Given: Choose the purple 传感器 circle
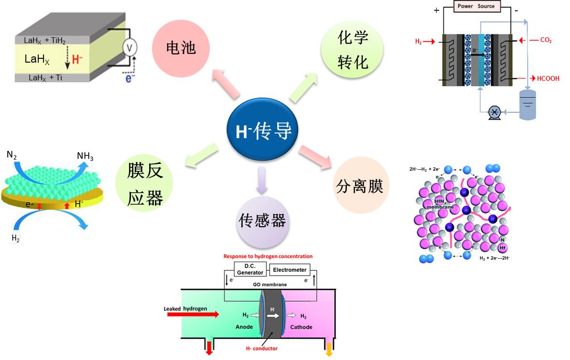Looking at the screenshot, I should click(x=262, y=220).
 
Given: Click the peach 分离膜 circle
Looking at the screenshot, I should click(x=360, y=185).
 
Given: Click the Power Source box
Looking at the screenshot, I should click(x=476, y=7).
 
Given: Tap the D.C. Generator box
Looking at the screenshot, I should click(x=250, y=270).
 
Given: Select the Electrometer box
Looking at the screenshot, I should click(x=290, y=270).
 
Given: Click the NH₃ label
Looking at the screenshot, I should click(x=85, y=157).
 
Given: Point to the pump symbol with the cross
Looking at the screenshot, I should click(x=494, y=112).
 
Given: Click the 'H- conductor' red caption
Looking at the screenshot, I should click(x=261, y=349).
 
